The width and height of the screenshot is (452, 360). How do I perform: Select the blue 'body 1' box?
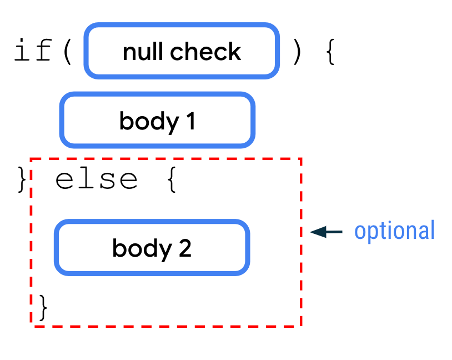click(x=157, y=121)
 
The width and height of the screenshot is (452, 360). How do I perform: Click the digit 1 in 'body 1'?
click(x=190, y=121)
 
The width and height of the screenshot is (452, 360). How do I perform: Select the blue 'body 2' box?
click(x=152, y=247)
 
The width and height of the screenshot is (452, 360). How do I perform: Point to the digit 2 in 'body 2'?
click(x=185, y=248)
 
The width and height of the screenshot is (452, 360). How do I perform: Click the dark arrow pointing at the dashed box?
click(x=326, y=232)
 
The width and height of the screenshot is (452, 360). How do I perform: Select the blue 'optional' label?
click(x=394, y=231)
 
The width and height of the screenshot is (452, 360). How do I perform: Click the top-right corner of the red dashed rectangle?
click(x=300, y=159)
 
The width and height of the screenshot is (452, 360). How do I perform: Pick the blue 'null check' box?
click(x=182, y=51)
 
